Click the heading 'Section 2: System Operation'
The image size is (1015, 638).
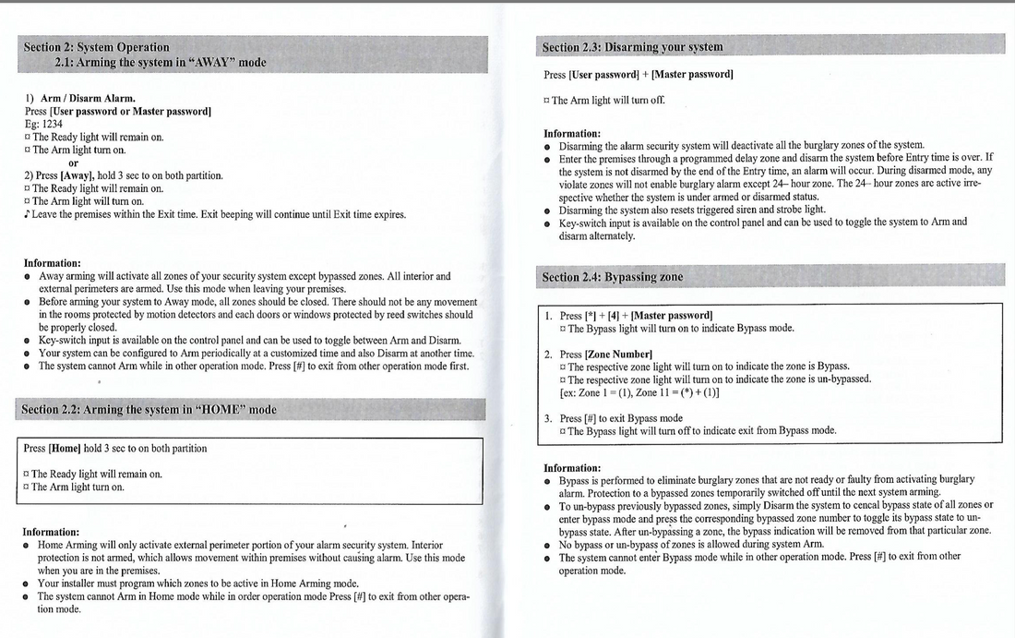[x=97, y=47]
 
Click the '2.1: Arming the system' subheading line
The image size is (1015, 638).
[x=161, y=63]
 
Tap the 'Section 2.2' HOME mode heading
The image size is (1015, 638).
[x=149, y=409]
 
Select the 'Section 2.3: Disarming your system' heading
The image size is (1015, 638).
[x=633, y=46]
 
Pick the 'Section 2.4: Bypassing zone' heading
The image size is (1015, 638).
[x=613, y=276]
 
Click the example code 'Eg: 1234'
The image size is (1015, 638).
[x=44, y=124]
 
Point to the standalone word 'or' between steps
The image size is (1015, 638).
[x=75, y=163]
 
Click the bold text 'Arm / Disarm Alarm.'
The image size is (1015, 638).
[x=88, y=98]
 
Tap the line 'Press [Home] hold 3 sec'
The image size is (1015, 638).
[x=115, y=449]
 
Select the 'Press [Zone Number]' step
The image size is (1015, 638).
[x=605, y=355]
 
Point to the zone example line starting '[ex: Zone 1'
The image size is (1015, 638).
[x=639, y=391]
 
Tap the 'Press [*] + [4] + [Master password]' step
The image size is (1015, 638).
[x=636, y=316]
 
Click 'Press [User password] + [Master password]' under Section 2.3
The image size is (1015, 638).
[x=639, y=74]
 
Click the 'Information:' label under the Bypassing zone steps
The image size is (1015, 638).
[x=572, y=468]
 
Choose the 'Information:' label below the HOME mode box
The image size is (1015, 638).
[x=52, y=532]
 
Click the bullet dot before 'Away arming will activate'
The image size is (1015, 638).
[x=29, y=276]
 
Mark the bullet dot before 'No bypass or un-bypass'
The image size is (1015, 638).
[x=548, y=545]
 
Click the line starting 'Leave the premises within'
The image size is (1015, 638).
[x=218, y=214]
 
